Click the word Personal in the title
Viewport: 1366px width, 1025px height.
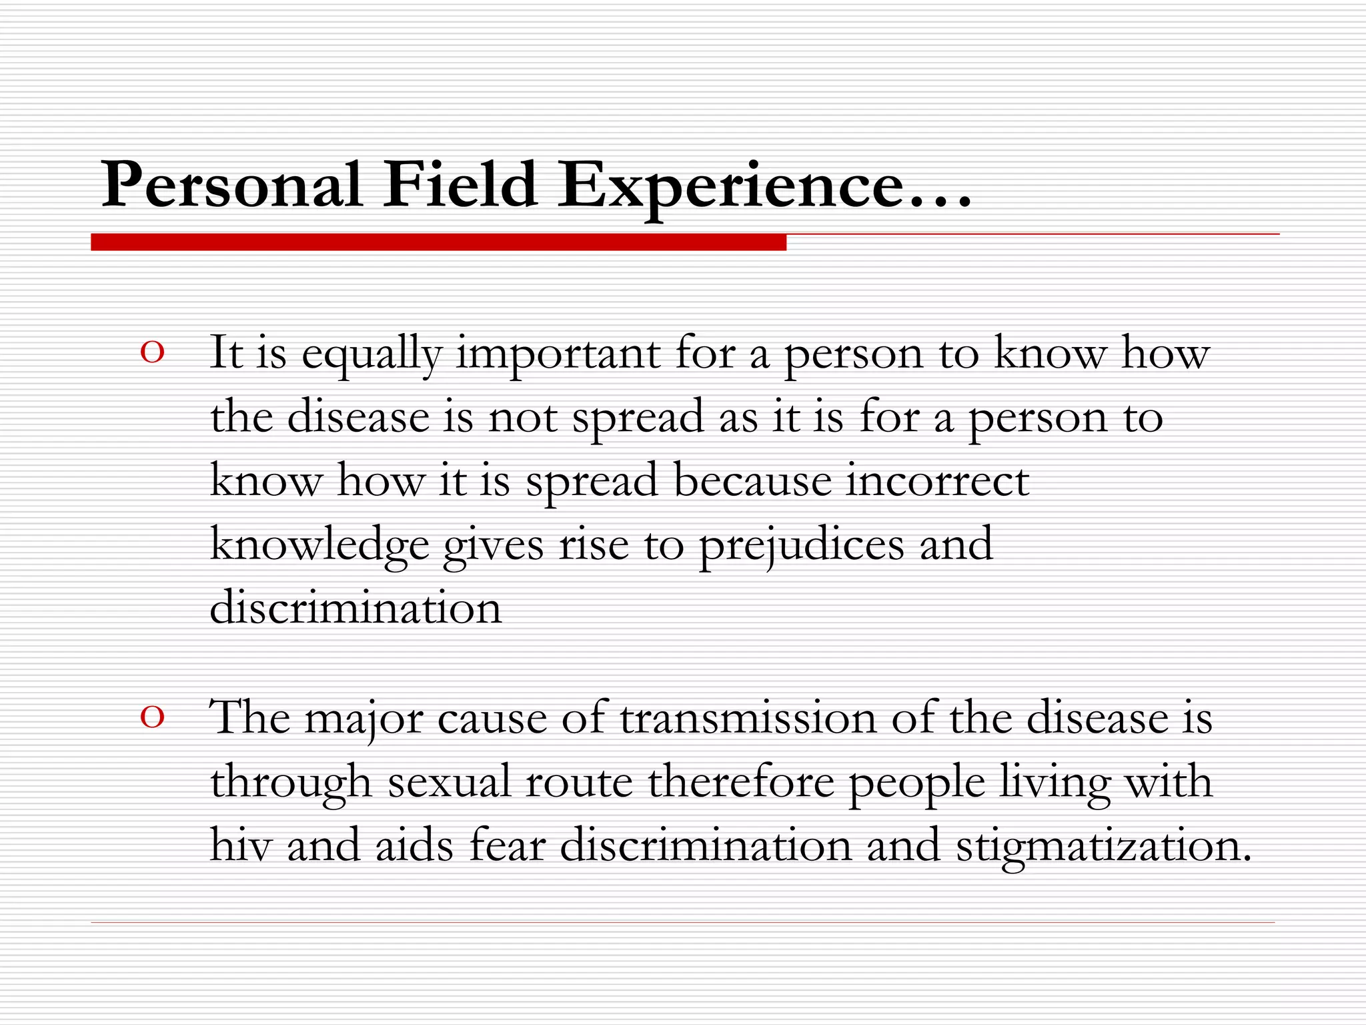pos(231,185)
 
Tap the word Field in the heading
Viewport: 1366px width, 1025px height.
pos(460,185)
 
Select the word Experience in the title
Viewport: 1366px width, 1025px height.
pos(730,187)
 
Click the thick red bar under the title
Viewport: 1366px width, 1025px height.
pos(438,242)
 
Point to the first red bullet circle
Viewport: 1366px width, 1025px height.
pos(153,353)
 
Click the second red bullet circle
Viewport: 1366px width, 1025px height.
pos(153,718)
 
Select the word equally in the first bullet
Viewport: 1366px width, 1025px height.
pos(372,354)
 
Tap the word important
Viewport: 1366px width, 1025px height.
pos(558,354)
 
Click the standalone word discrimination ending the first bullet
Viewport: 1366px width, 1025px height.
pos(356,608)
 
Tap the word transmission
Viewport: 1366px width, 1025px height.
pos(748,718)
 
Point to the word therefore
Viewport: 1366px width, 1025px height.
pos(740,782)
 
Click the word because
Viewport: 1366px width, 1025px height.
pos(752,480)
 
